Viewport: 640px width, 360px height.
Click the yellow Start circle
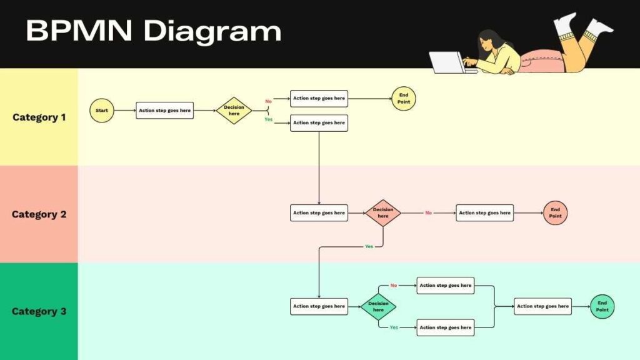point(102,111)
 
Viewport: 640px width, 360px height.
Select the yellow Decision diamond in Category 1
point(234,111)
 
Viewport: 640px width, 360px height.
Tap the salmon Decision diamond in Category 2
point(382,213)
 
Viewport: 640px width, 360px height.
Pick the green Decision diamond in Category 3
point(378,307)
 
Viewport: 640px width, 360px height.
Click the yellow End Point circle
point(404,98)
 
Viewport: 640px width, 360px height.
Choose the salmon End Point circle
point(555,213)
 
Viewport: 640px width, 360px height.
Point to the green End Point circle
point(602,306)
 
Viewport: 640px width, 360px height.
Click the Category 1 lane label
point(39,117)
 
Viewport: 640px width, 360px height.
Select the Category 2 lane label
point(39,214)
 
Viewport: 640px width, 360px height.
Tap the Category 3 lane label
point(39,311)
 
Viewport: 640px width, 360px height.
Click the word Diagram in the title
point(212,31)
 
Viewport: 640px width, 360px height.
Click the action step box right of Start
point(165,111)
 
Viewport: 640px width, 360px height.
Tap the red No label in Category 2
point(428,213)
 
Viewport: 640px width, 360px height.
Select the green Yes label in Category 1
point(268,119)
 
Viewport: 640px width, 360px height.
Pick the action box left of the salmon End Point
point(484,213)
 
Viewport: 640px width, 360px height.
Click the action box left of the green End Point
point(542,306)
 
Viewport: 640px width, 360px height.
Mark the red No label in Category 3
point(394,286)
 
